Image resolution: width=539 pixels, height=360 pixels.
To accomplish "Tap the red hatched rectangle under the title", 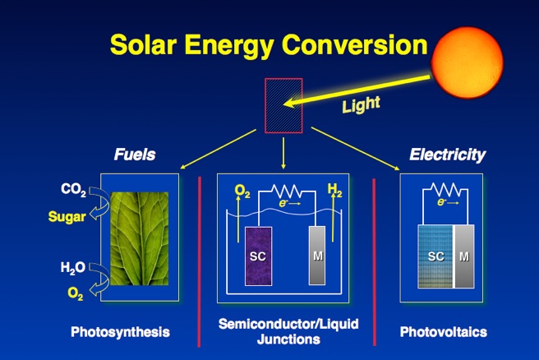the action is click(283, 105).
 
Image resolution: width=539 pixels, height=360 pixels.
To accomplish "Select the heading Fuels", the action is click(135, 154).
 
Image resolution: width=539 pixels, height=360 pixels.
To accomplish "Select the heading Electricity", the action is click(447, 154).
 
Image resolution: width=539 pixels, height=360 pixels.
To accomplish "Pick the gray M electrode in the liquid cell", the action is click(317, 255).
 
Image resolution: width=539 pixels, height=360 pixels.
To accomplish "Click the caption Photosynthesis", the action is click(120, 332).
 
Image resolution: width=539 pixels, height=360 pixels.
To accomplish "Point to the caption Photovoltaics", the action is click(443, 332).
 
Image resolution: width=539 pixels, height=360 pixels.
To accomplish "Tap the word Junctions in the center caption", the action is click(288, 339).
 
